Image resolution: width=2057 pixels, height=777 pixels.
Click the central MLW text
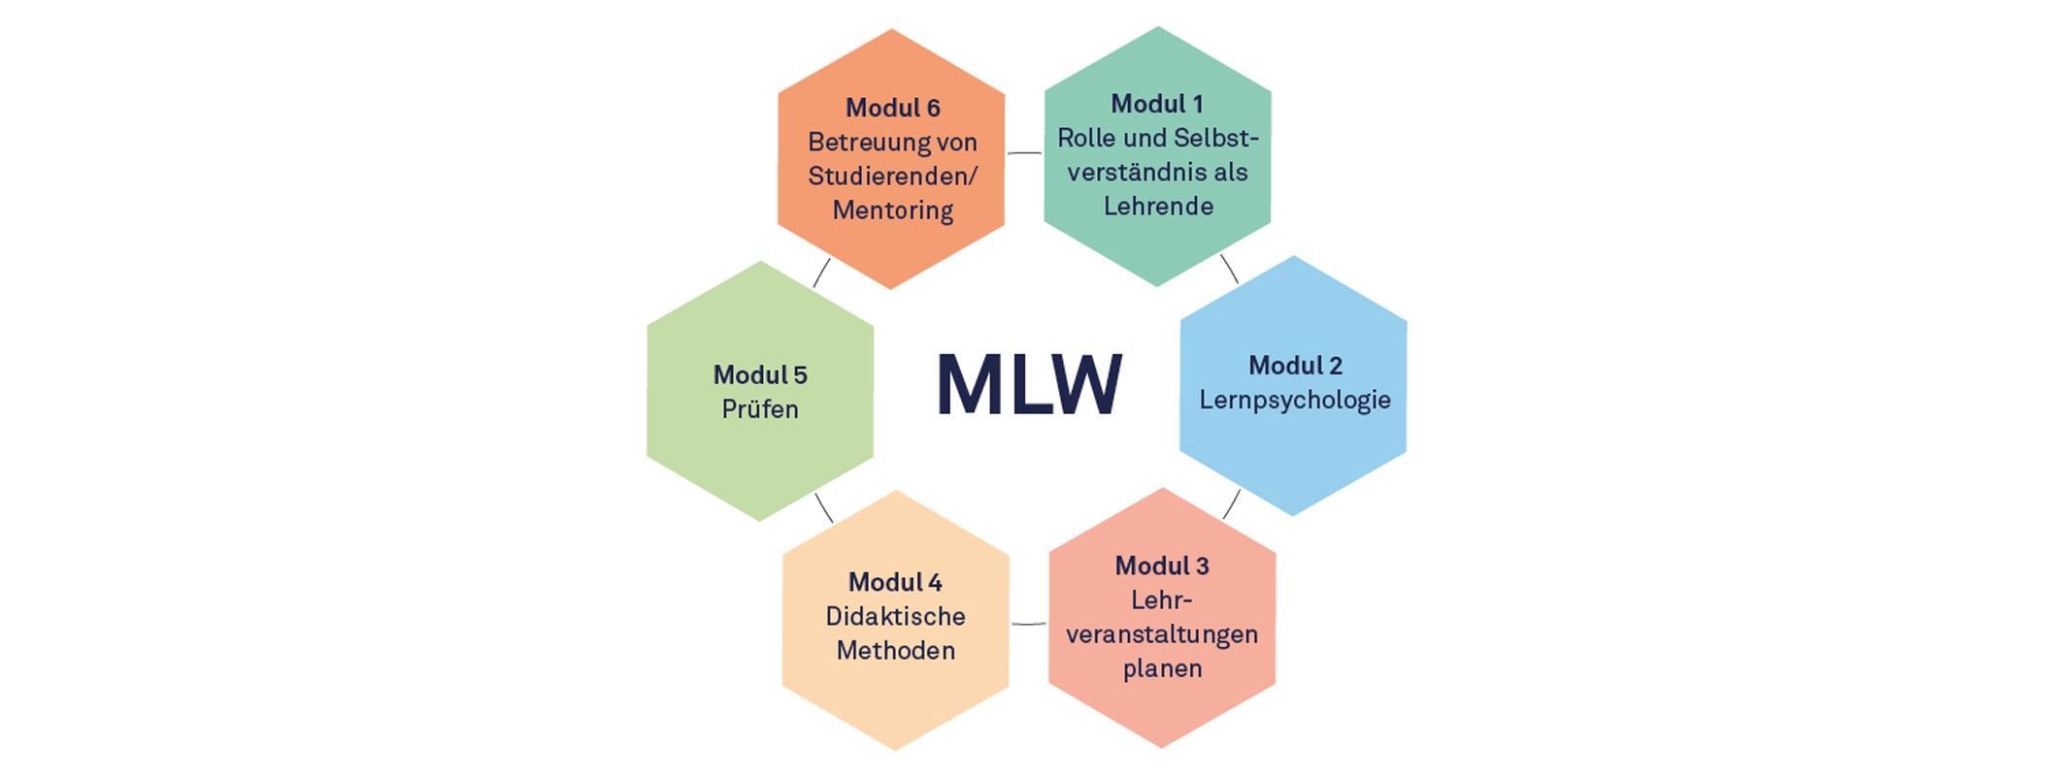[x=1029, y=384]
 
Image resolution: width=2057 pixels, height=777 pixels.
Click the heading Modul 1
[x=1157, y=104]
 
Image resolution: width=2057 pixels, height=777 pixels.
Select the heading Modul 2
[x=1295, y=366]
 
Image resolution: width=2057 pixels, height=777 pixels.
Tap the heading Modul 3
[x=1162, y=566]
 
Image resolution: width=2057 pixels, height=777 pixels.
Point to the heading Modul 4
[x=895, y=582]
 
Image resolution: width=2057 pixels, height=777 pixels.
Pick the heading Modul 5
[x=760, y=375]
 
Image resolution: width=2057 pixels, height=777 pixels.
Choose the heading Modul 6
[x=893, y=108]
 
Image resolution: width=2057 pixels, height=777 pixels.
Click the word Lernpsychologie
[x=1295, y=401]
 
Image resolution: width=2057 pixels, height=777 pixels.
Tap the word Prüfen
[x=760, y=409]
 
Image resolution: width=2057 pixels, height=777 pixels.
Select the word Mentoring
[x=893, y=210]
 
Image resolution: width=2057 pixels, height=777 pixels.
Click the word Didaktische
[x=895, y=616]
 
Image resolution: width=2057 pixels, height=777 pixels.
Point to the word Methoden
[x=895, y=650]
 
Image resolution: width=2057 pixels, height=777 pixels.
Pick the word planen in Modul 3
[x=1162, y=669]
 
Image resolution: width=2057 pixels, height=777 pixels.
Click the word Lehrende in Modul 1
[x=1158, y=206]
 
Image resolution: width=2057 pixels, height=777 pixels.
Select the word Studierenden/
[x=893, y=177]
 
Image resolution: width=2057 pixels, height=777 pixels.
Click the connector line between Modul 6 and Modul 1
[x=1024, y=153]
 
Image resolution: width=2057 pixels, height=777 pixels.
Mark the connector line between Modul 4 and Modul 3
[x=1029, y=624]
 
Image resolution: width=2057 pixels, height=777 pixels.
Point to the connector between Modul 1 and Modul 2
[x=1229, y=269]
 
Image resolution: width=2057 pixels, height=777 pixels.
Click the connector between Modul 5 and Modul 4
[x=824, y=507]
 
